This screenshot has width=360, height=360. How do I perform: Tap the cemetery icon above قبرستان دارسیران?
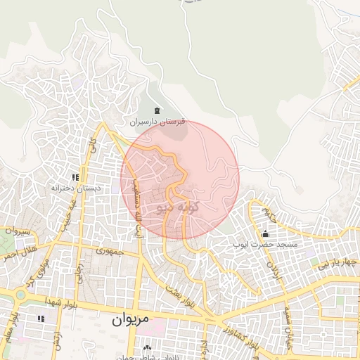[x=156, y=111]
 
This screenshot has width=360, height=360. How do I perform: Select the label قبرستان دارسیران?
[x=161, y=122]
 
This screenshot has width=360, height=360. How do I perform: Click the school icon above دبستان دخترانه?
[x=75, y=177]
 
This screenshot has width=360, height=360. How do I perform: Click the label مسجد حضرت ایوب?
[x=266, y=244]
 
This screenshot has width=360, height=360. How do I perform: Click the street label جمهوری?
[x=110, y=250]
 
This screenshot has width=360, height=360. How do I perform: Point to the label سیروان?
[x=15, y=231]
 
